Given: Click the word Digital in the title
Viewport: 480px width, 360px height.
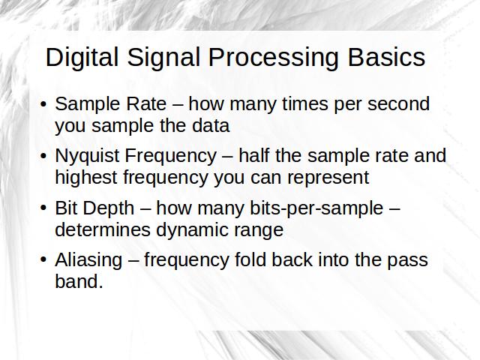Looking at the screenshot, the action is (x=82, y=58).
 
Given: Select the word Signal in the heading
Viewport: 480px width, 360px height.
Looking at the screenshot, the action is (x=163, y=58).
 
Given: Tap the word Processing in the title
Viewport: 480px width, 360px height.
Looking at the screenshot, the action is (x=273, y=58).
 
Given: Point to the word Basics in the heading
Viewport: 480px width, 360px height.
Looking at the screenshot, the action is (x=386, y=57).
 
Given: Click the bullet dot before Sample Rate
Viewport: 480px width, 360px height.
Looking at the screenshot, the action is (x=43, y=104).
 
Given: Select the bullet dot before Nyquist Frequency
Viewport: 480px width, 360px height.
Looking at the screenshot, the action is (x=43, y=156).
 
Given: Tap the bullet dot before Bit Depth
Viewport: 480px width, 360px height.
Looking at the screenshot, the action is (x=43, y=208).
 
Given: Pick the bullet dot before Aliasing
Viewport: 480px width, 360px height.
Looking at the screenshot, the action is (x=43, y=260).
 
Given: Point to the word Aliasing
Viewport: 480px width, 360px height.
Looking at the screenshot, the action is (x=88, y=261).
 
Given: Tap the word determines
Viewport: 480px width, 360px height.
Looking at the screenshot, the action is (x=103, y=229).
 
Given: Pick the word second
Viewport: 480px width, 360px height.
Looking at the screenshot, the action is (x=398, y=103).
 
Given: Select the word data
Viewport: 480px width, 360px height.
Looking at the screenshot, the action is (x=211, y=125).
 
